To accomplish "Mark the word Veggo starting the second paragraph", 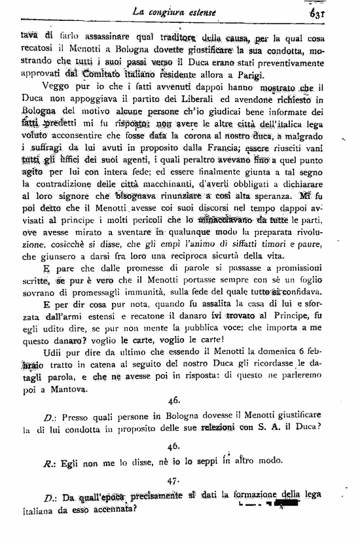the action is [x=57, y=87].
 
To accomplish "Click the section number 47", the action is [x=173, y=482].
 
